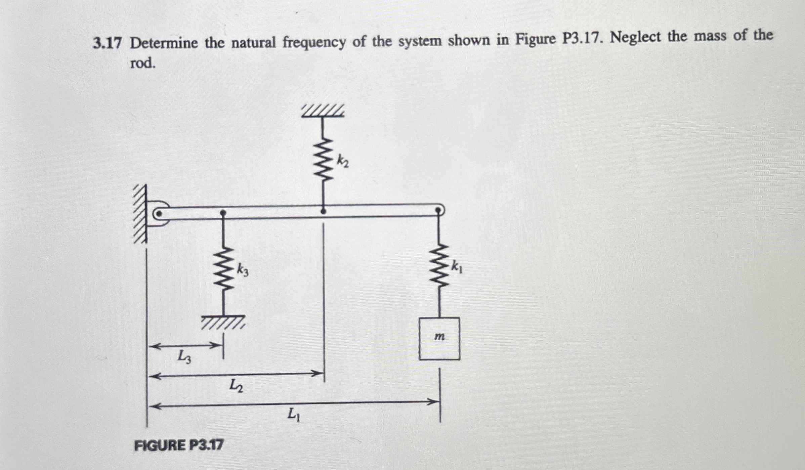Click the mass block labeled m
439,338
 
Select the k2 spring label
343,161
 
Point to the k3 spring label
243,270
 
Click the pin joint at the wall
159,214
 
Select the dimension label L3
184,357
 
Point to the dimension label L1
294,414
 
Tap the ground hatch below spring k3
223,322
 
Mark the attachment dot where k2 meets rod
323,211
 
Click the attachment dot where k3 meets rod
223,213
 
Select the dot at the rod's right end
438,210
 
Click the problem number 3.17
107,44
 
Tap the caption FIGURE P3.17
179,446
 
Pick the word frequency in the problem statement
314,42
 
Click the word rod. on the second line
143,63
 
